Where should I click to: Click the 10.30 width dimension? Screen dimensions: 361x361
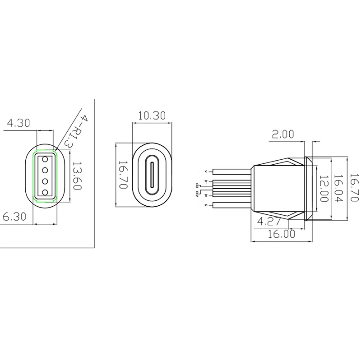click(152, 116)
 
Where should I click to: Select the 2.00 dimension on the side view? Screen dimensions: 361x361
click(282, 134)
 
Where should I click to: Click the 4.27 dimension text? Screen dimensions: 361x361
click(269, 222)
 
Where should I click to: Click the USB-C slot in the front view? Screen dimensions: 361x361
click(152, 176)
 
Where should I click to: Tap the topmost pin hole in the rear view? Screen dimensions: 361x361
click(45, 159)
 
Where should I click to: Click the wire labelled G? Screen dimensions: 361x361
click(230, 206)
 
